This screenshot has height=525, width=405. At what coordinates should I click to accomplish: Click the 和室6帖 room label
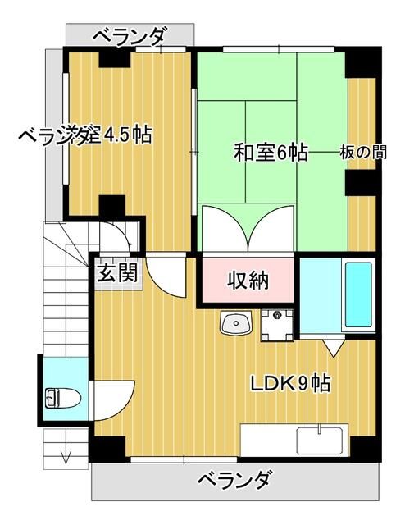click(271, 153)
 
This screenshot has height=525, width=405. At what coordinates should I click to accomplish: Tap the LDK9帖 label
click(290, 383)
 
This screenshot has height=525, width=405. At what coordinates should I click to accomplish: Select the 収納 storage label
click(248, 281)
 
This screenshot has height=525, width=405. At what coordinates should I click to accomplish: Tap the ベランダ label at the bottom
click(234, 480)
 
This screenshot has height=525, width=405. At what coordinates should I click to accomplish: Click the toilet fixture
click(62, 399)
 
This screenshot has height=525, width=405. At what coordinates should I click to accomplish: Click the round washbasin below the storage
click(235, 324)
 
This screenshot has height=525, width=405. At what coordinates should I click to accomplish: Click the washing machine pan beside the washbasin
click(277, 324)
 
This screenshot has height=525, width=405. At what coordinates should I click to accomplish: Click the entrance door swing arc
click(168, 279)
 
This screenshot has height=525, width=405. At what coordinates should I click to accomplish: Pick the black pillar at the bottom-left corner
click(106, 448)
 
